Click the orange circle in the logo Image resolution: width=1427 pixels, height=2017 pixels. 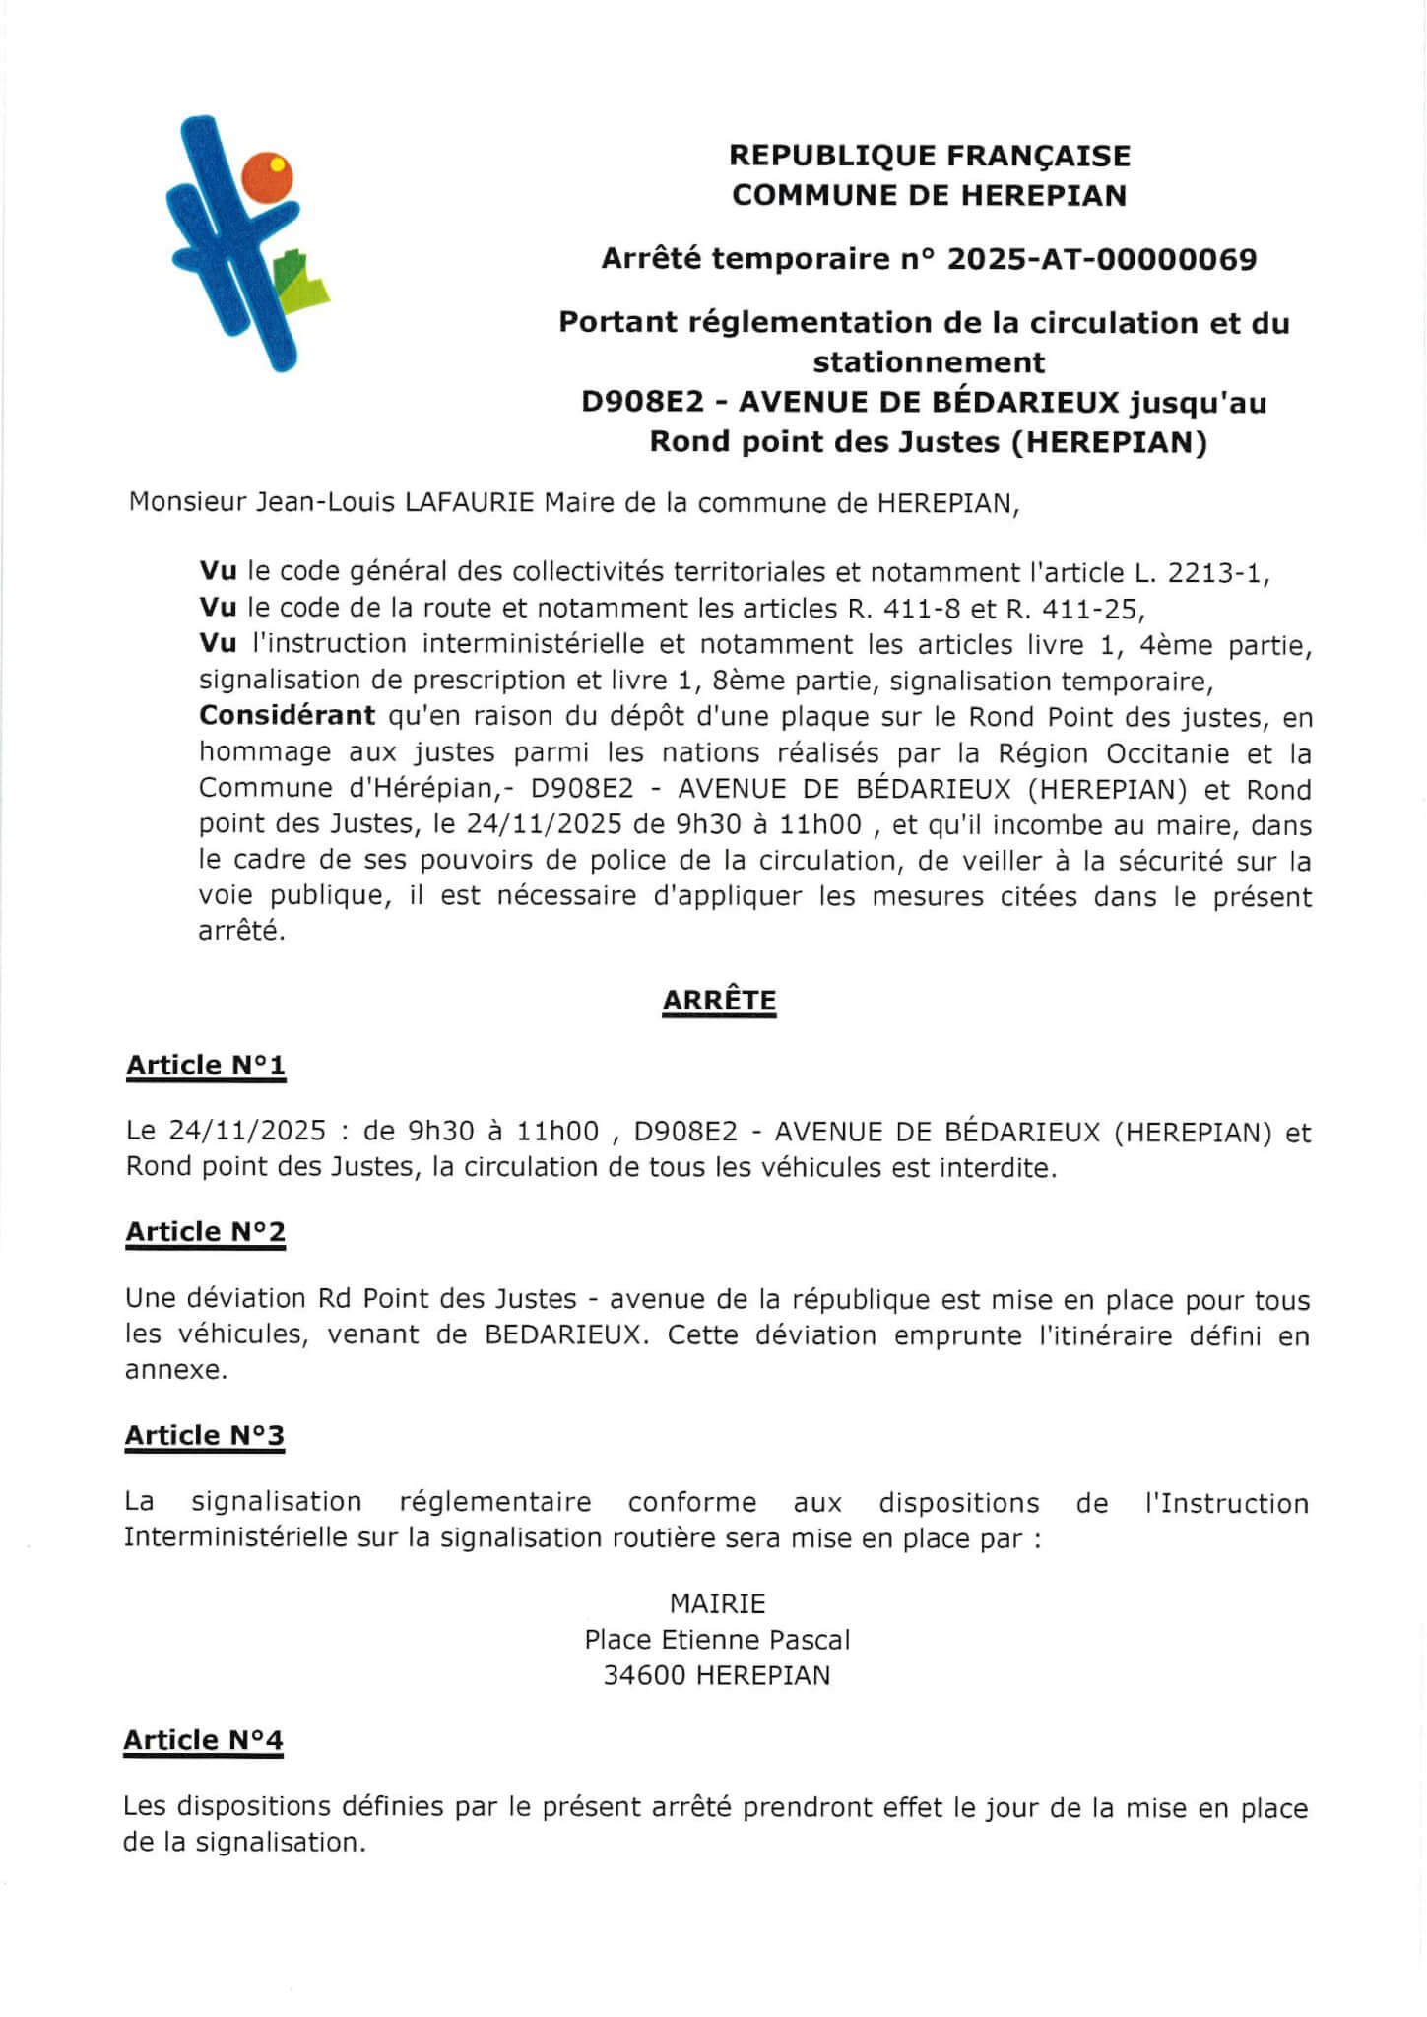[x=267, y=177]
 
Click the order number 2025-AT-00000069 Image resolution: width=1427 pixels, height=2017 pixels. [x=1101, y=259]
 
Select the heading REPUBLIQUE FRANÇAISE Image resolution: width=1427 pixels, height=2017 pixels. [x=929, y=156]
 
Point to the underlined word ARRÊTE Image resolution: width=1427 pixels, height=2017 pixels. [x=719, y=1000]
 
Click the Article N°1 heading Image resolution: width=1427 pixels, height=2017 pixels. [x=206, y=1065]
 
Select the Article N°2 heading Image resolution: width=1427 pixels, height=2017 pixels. [x=205, y=1231]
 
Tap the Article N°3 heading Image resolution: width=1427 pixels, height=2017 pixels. [x=204, y=1435]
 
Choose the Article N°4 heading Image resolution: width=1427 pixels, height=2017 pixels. [x=203, y=1740]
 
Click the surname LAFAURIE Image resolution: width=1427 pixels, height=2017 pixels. [x=470, y=502]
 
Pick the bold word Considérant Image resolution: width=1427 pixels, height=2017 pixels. [x=287, y=715]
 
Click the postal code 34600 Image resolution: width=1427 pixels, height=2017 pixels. [x=644, y=1675]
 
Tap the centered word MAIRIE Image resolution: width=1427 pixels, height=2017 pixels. [x=717, y=1603]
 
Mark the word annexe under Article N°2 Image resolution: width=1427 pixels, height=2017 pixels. [x=174, y=1370]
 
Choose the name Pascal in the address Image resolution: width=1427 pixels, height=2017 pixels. [x=809, y=1639]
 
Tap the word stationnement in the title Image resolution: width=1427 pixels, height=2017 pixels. [x=929, y=362]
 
